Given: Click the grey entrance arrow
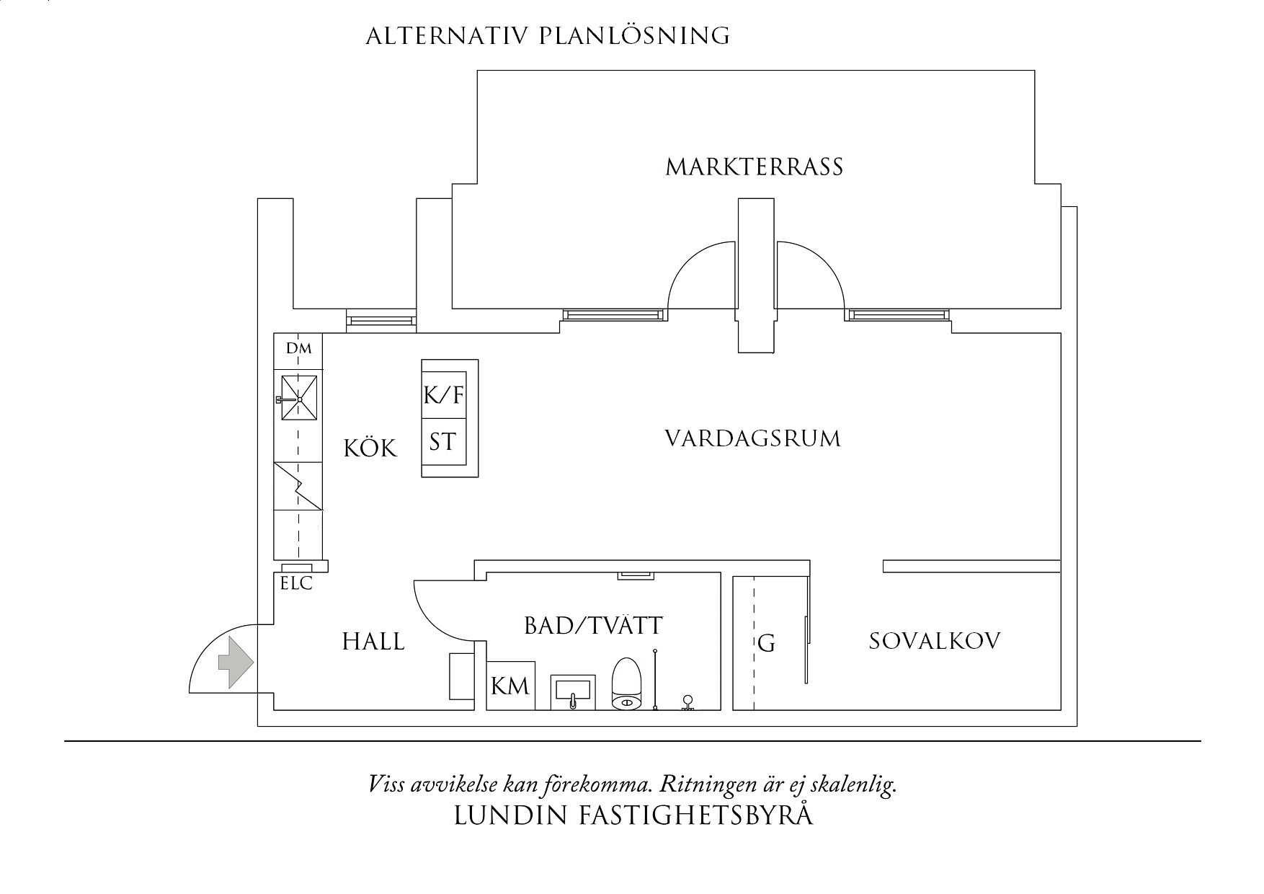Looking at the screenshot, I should (235, 663).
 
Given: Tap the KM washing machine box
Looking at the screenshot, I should (510, 685).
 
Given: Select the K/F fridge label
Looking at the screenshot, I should (443, 395).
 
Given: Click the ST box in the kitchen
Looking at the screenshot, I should (443, 441).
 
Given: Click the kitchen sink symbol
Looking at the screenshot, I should (298, 398).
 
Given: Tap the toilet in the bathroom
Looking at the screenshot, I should (626, 683).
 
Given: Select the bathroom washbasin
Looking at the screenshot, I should (573, 691).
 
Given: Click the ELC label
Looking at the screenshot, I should (296, 584).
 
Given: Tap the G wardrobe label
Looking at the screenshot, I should (766, 643).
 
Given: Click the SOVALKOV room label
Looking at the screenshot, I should (934, 641).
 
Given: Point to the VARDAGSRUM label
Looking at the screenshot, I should (752, 439).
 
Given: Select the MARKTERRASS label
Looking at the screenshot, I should (754, 167).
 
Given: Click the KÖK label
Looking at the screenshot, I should (370, 448).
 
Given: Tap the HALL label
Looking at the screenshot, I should (373, 641).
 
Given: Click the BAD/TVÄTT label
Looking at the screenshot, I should (592, 626).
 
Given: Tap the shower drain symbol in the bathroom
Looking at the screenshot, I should (688, 702).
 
